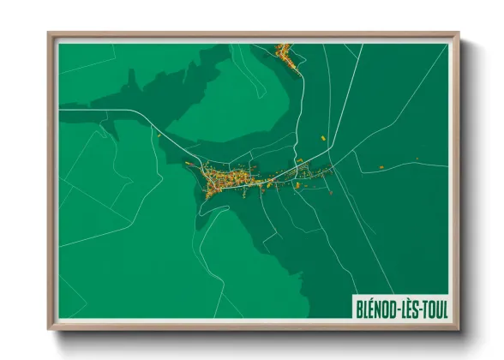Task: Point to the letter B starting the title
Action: pyautogui.click(x=359, y=307)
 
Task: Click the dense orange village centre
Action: pyautogui.click(x=225, y=180)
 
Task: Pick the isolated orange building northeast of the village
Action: pyautogui.click(x=322, y=137)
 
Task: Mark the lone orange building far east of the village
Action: pyautogui.click(x=417, y=158)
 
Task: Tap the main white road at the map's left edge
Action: pyautogui.click(x=64, y=110)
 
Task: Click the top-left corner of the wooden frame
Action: pyautogui.click(x=50, y=35)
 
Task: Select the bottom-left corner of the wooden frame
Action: pyautogui.click(x=50, y=328)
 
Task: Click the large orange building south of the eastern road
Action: pyautogui.click(x=297, y=184)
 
